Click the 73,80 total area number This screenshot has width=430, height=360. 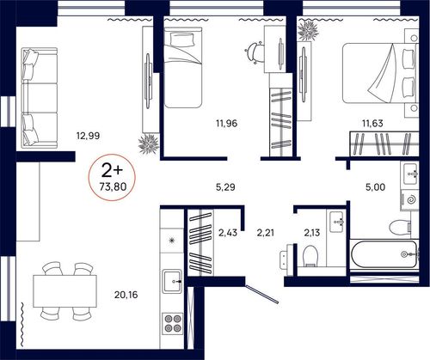click(113, 186)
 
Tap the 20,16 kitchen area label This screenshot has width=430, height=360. click(126, 295)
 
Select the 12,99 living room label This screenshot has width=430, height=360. click(88, 136)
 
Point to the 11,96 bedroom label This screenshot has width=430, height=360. click(226, 124)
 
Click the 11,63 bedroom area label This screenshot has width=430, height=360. click(372, 124)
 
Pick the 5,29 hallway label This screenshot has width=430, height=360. click(225, 187)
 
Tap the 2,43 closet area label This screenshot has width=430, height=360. click(228, 233)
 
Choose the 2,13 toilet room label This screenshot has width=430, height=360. click(312, 233)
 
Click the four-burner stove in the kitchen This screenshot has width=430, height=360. click(173, 324)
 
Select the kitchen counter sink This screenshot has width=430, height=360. click(172, 281)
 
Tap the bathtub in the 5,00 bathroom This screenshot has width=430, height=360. click(384, 254)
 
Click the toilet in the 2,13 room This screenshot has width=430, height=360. click(310, 256)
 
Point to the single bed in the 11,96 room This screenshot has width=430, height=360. click(183, 67)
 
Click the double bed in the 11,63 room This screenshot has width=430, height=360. click(379, 73)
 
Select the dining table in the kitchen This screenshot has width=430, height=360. click(64, 291)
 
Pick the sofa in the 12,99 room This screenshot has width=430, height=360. click(40, 98)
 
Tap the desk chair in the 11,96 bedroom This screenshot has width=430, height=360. click(255, 53)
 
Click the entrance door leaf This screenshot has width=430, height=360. click(262, 294)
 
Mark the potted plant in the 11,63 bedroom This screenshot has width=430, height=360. click(308, 31)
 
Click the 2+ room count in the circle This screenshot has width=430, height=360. click(112, 171)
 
